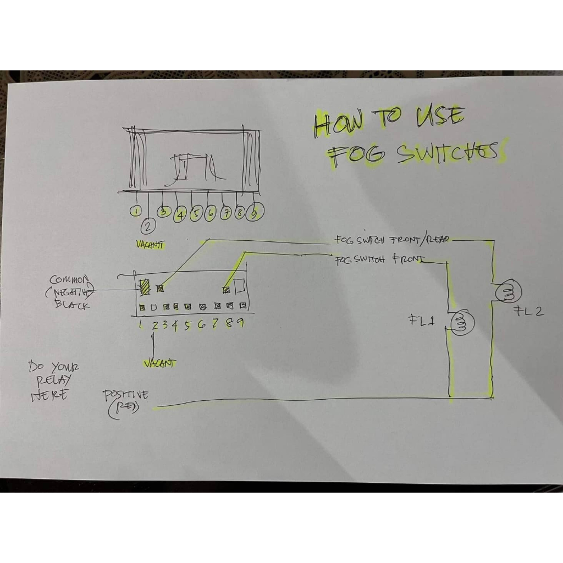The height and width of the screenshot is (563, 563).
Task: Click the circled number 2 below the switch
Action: (x=147, y=225)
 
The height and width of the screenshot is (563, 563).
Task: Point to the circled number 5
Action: (x=195, y=214)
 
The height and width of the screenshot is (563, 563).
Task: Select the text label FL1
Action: (x=422, y=321)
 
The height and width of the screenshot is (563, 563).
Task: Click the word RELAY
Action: (x=54, y=380)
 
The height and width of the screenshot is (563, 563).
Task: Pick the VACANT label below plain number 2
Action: (x=159, y=363)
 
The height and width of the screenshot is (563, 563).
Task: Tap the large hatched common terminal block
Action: (x=145, y=286)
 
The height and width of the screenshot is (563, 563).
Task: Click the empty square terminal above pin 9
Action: (x=240, y=286)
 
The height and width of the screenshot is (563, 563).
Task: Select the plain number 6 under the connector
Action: (x=202, y=325)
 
